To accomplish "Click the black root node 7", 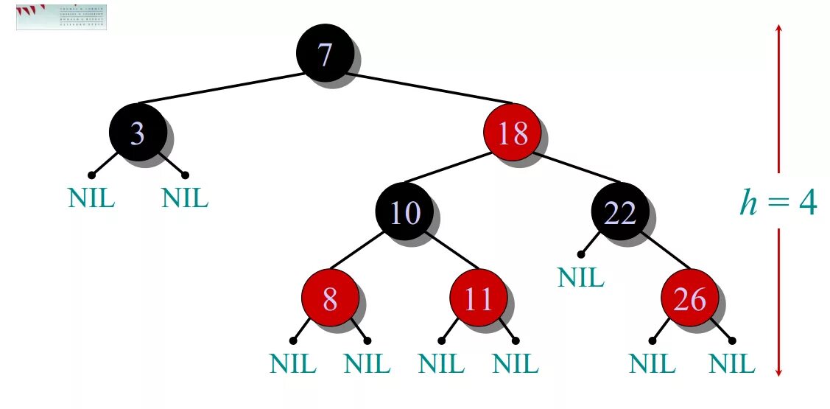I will coord(324,52).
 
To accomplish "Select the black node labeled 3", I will coord(138,133).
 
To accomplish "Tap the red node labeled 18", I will coord(512,133).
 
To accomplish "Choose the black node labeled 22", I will coord(619,212).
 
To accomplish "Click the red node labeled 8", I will coord(330,299).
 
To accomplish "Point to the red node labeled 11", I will coord(479,299).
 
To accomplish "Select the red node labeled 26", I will coord(689,299).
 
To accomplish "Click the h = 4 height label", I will coord(778,200).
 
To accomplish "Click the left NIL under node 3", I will coord(91,198).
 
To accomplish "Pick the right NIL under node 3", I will coord(185,198).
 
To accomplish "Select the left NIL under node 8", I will coord(293,364).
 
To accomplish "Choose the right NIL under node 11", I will coord(516,364).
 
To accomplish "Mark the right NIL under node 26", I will coord(731,364).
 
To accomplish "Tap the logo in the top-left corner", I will coord(61,16).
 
